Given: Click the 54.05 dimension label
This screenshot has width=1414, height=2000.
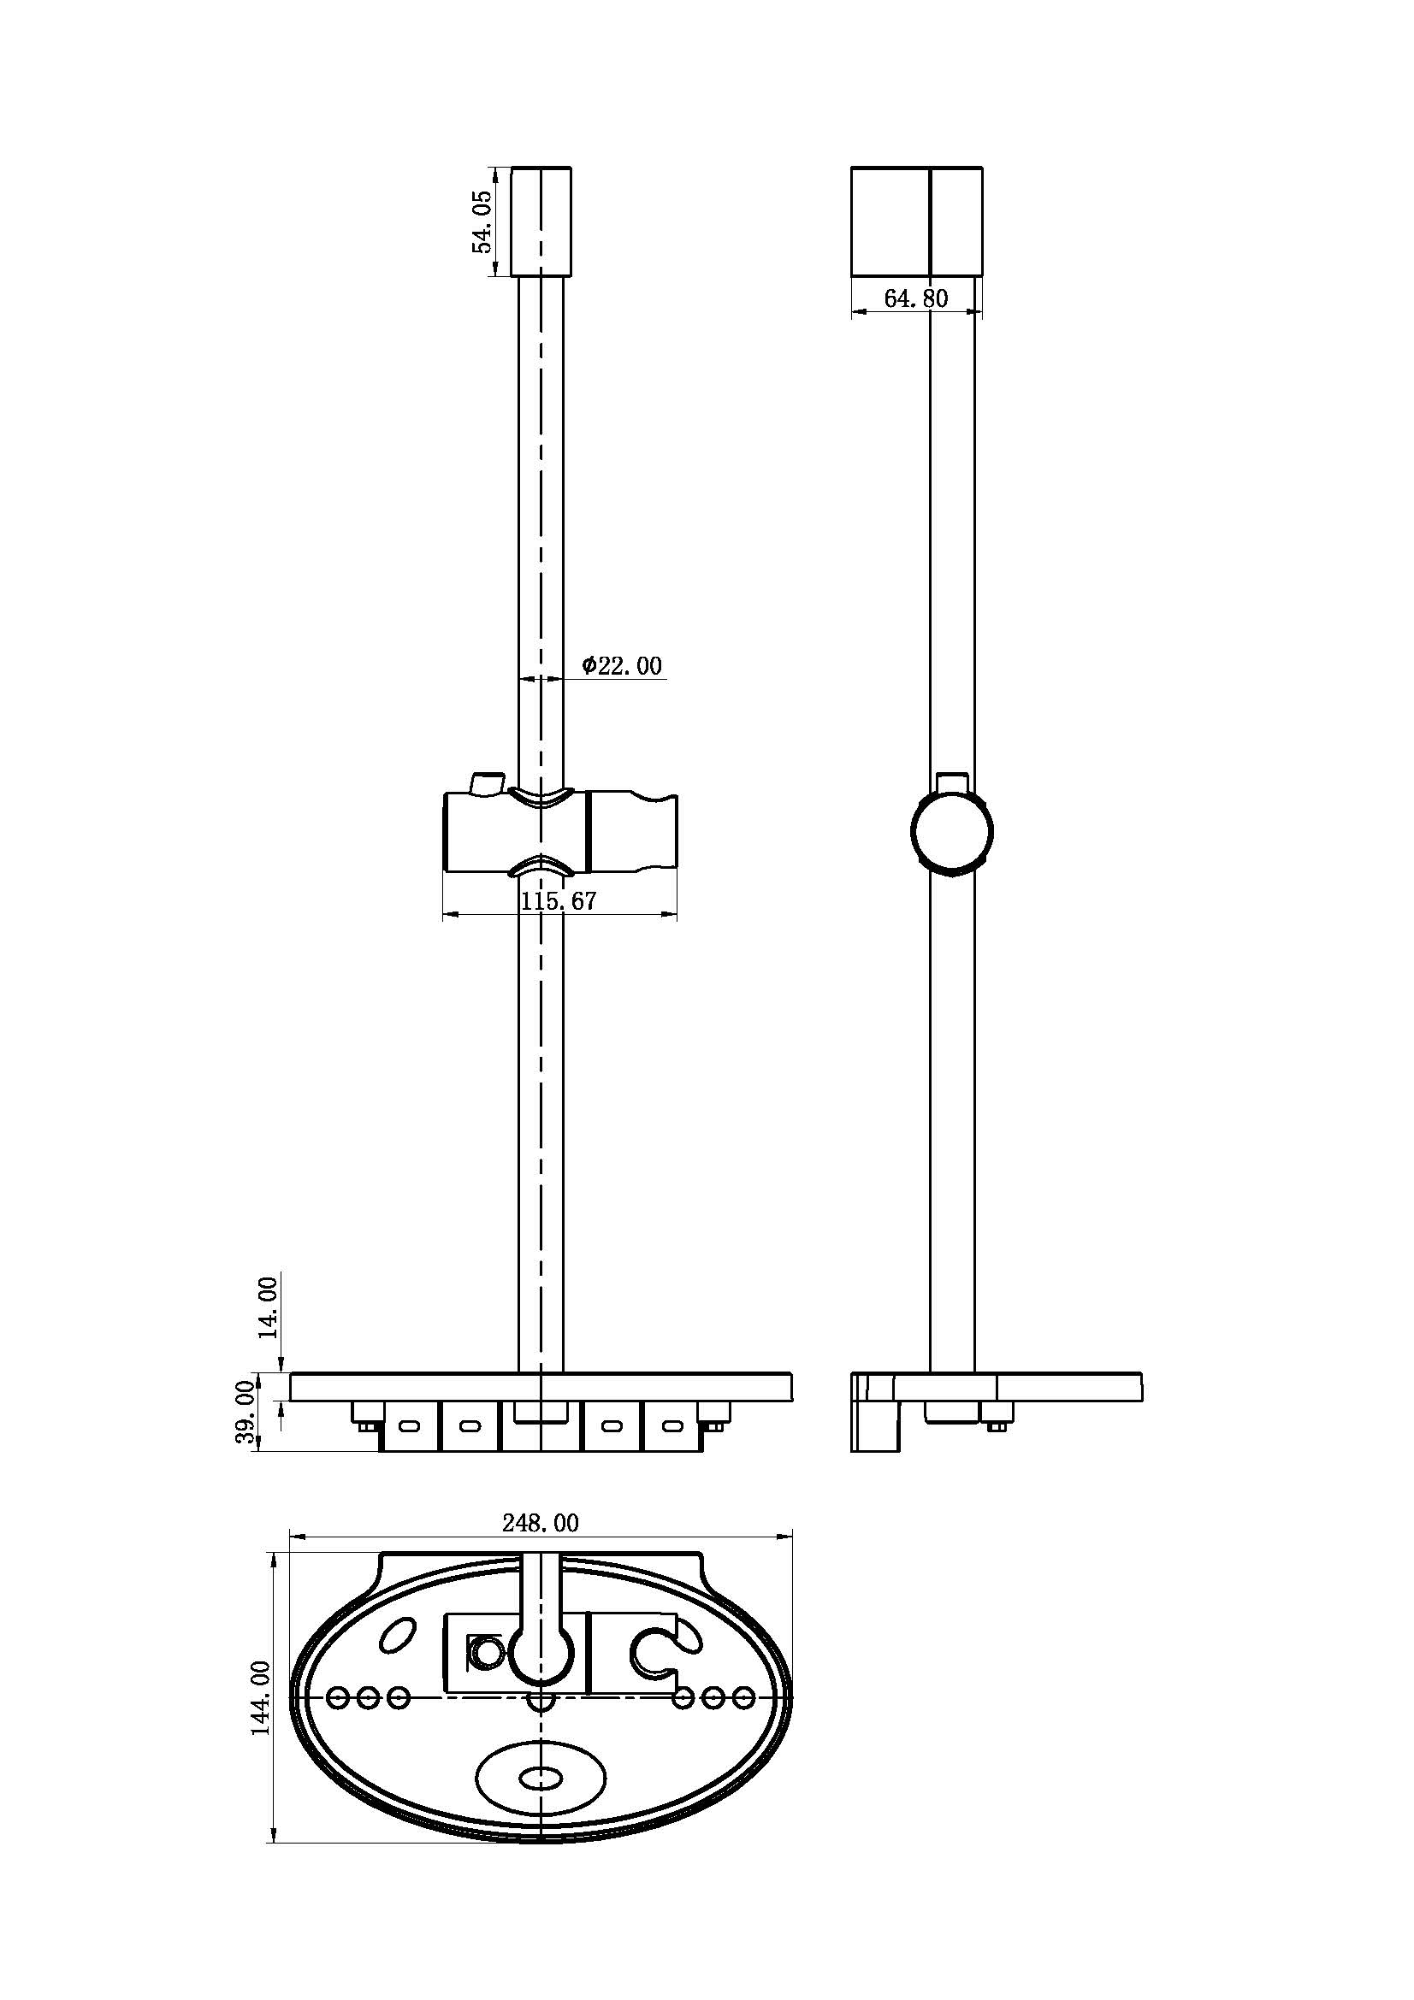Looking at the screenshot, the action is click(482, 222).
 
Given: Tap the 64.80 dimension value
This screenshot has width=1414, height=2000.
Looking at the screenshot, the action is click(915, 298).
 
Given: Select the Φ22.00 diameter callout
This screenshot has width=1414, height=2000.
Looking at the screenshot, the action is click(622, 665).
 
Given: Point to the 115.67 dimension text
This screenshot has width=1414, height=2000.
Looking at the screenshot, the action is click(559, 901).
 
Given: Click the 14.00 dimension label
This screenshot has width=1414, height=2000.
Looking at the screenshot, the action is click(268, 1307).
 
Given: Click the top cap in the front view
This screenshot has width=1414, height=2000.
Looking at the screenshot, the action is click(541, 222).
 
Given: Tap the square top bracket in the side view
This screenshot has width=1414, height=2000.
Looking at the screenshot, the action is click(916, 222).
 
